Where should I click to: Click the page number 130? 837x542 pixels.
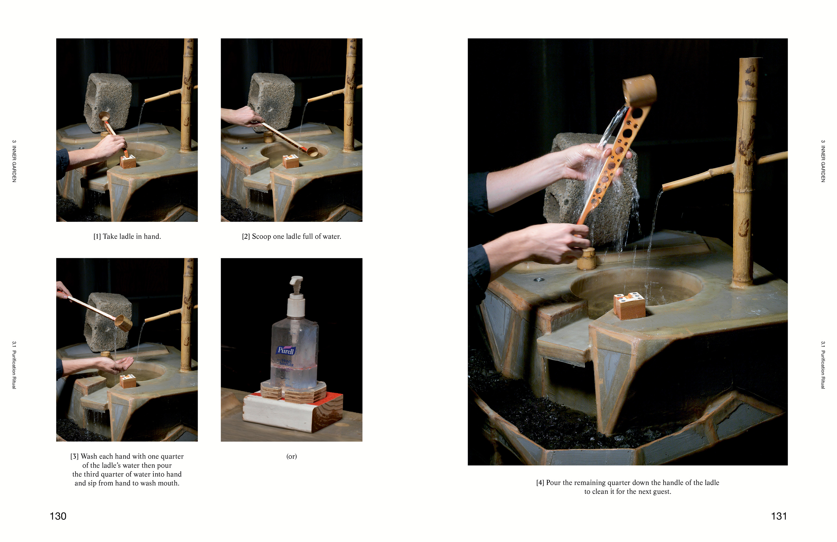pyautogui.click(x=58, y=516)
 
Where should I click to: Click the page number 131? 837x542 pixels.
pyautogui.click(x=779, y=516)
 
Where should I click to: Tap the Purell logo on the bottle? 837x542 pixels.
pyautogui.click(x=286, y=350)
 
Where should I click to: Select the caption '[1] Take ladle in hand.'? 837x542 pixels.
pyautogui.click(x=127, y=237)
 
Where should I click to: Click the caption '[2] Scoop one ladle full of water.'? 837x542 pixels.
pyautogui.click(x=292, y=237)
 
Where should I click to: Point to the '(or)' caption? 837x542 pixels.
pyautogui.click(x=292, y=457)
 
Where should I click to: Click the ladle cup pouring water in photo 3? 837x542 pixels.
pyautogui.click(x=123, y=323)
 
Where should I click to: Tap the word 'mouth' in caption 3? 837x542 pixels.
pyautogui.click(x=168, y=483)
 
